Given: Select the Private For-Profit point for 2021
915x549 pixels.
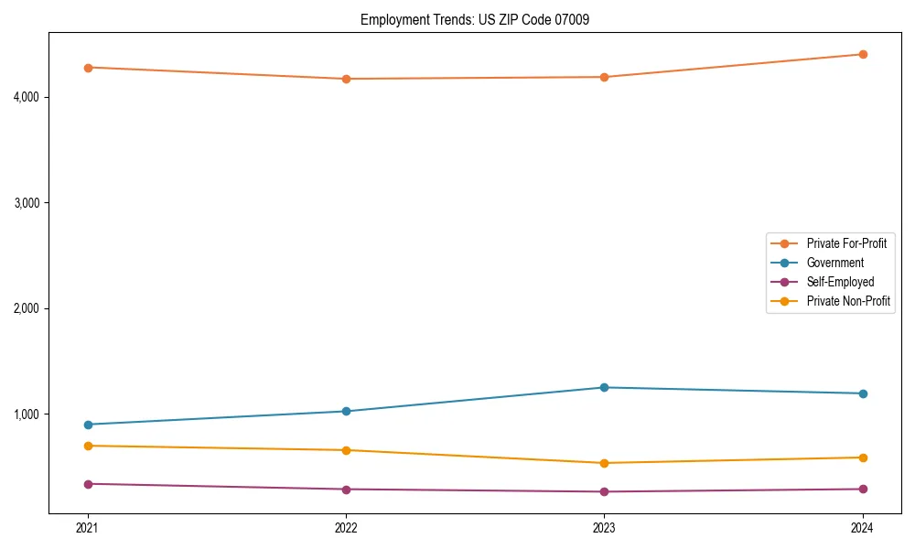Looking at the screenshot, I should click(x=88, y=68).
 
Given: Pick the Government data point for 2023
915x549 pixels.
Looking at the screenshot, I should click(x=604, y=388).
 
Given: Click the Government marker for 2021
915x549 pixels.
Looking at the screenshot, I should click(x=88, y=425).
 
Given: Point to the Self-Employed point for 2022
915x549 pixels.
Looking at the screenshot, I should click(x=346, y=490).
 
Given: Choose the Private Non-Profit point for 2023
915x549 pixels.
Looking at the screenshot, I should click(x=604, y=463).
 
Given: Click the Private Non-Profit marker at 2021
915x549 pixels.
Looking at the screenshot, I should click(x=88, y=446).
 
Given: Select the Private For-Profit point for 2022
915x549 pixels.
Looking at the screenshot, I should click(x=346, y=79).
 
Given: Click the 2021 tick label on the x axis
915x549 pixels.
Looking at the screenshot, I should click(x=88, y=528).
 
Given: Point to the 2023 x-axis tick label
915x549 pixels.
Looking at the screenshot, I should click(x=604, y=528).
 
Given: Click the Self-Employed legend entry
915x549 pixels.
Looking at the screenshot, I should click(x=840, y=282).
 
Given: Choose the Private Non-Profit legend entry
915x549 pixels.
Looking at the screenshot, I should click(x=848, y=301).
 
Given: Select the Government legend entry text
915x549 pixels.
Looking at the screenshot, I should click(x=834, y=263).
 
